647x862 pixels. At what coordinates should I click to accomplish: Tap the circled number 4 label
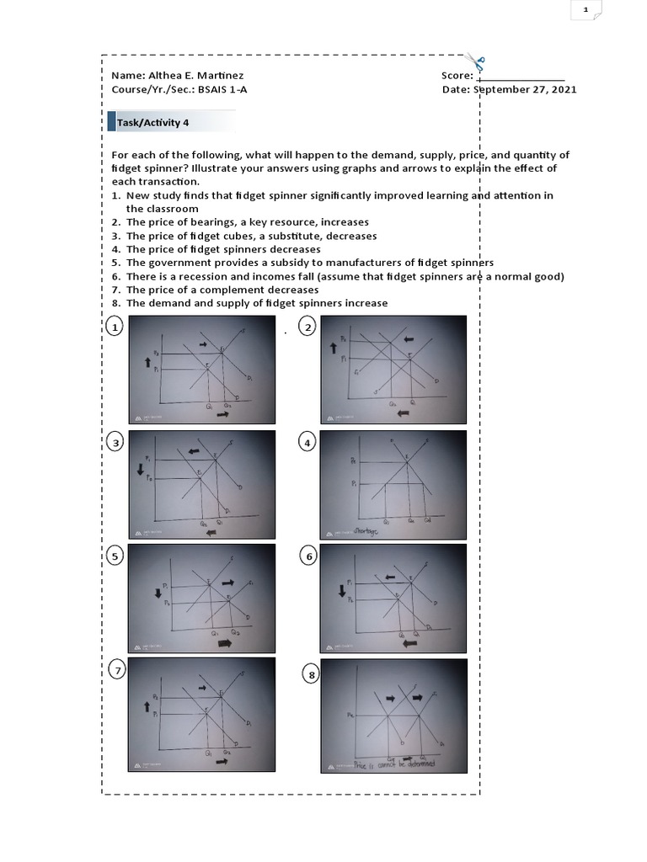coord(307,443)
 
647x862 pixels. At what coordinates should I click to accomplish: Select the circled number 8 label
coord(313,675)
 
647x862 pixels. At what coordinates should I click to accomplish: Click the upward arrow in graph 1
coord(147,362)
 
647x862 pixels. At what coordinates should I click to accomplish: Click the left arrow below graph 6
coord(411,643)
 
